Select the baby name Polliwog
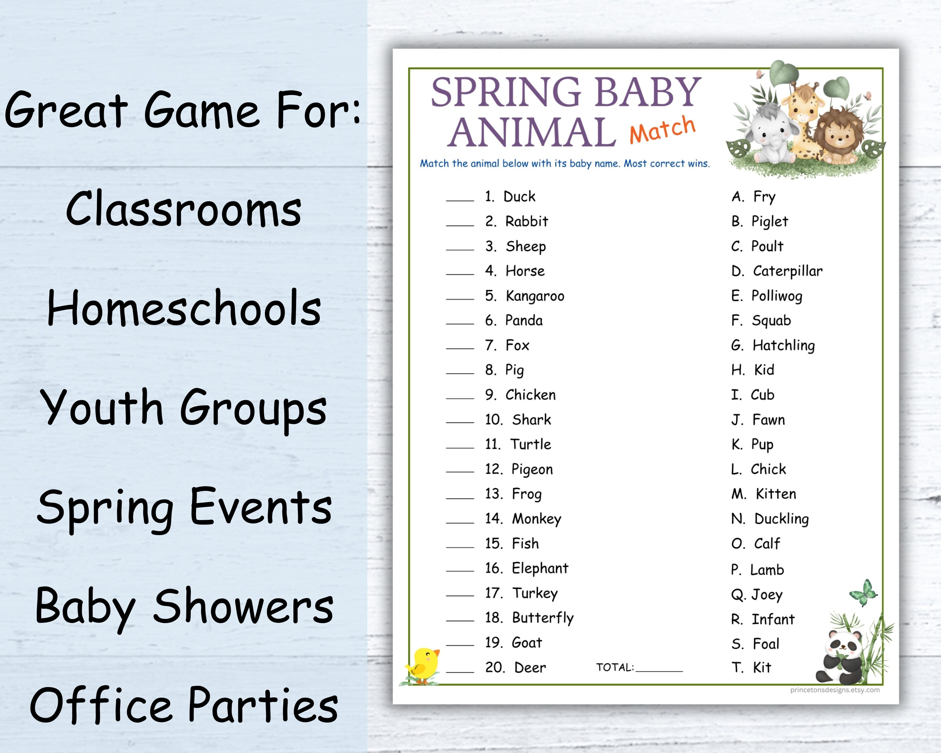tap(776, 296)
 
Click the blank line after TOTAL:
tap(659, 668)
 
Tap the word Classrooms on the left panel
tap(183, 210)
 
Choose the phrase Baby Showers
tap(184, 606)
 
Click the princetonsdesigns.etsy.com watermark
tap(835, 690)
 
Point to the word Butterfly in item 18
tap(543, 618)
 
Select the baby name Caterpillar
tap(787, 271)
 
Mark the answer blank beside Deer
tap(460, 670)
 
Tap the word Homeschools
tap(184, 308)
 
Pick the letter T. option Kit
tap(762, 667)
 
